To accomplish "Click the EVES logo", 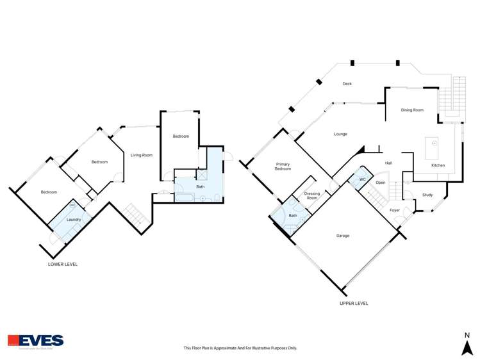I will pos(36,341).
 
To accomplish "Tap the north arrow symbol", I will pos(467,347).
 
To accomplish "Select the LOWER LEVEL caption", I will pos(63,264).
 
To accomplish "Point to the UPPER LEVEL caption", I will pos(354,303).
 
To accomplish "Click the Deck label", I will pos(347,84).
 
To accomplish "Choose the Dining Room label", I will pos(412,110).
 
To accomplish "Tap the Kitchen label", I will pos(438,165).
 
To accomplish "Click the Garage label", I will pos(343,236).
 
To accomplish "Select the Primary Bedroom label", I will pos(283,167).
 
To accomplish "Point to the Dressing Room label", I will pos(311,196).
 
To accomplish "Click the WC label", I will pos(362,179).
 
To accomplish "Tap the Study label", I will pos(427,195).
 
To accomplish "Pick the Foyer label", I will pos(395,210).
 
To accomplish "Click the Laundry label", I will pos(74,220).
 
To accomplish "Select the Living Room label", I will pos(142,155).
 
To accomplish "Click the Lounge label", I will pos(340,135).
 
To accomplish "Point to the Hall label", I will pos(388,163).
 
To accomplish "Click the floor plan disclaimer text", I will pos(240,348).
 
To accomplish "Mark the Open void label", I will pos(381,183).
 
